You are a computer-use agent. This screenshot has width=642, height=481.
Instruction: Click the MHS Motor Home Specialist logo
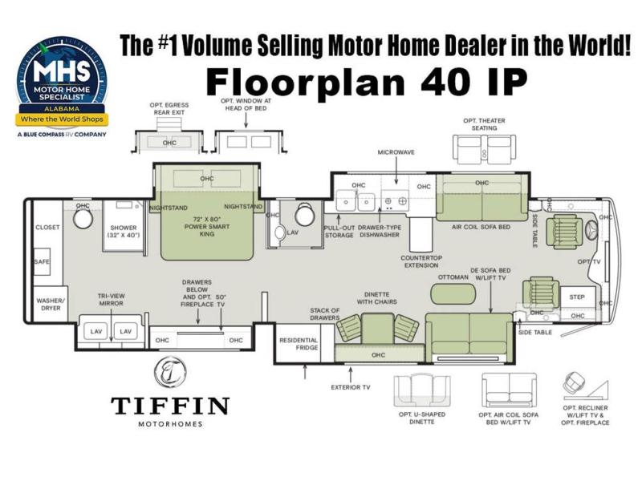(x=63, y=86)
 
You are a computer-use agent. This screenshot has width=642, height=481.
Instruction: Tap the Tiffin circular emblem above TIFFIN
(x=170, y=372)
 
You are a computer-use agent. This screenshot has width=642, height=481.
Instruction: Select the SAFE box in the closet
(x=42, y=261)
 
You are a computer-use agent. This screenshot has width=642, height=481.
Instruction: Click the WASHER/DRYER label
(x=51, y=305)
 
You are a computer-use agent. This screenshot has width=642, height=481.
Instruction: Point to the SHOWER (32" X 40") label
(x=124, y=231)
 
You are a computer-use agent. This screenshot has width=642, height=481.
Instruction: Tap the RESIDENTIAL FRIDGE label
(x=299, y=344)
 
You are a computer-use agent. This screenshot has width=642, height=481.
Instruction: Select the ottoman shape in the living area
(x=453, y=293)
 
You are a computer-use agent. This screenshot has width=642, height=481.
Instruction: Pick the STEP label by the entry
(x=577, y=297)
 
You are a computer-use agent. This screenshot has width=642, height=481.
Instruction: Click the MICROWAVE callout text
(x=396, y=152)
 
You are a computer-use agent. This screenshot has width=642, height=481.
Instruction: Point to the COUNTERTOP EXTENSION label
(x=421, y=261)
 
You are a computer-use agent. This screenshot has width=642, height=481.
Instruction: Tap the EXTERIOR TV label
(x=351, y=387)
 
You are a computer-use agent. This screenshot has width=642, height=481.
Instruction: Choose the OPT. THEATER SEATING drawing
(x=485, y=149)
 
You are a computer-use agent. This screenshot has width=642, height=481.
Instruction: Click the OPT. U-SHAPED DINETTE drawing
(x=422, y=390)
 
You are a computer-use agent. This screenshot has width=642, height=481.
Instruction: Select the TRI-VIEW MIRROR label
(x=111, y=299)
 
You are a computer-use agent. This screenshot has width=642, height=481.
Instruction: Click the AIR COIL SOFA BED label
(x=481, y=227)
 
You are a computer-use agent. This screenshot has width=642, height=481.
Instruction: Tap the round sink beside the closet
(x=83, y=218)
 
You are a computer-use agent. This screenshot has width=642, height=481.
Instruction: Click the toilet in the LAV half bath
(x=279, y=232)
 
